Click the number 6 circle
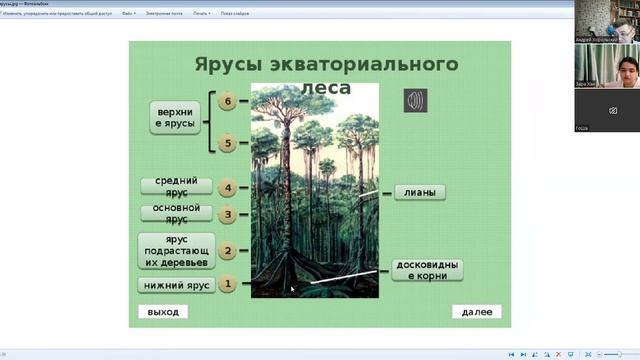coord(228,102)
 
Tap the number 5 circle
coord(228,144)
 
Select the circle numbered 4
coord(228,187)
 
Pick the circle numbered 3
coord(228,214)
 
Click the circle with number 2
coord(228,251)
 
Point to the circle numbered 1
coord(228,285)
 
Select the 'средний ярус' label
coord(176,187)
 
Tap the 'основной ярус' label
coord(176,213)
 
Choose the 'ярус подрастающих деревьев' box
coord(176,251)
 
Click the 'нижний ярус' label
coord(176,285)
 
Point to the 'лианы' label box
coord(420,192)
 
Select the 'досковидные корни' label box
coord(427,270)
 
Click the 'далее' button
coord(476,312)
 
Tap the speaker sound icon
coord(415,100)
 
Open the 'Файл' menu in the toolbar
coord(128,14)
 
